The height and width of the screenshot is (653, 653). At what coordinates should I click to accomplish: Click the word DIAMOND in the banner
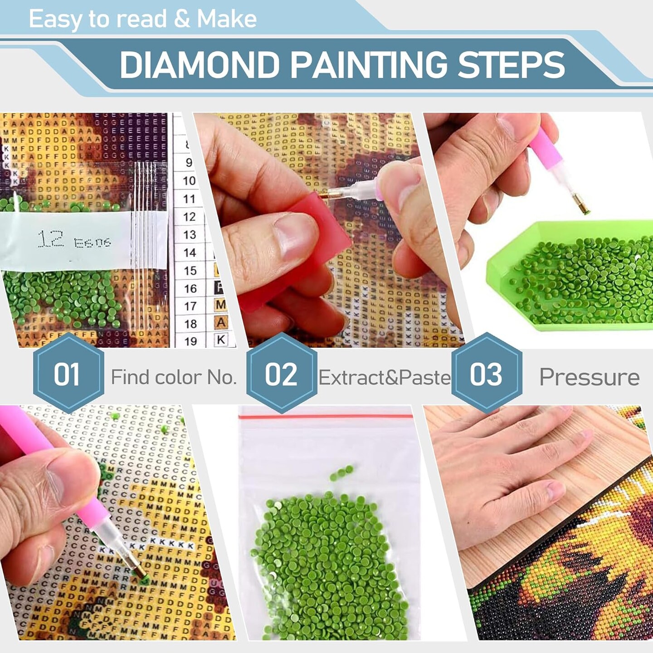200,65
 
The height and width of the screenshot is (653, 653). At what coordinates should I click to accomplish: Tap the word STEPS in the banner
511,65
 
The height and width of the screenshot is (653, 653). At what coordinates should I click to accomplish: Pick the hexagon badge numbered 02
281,373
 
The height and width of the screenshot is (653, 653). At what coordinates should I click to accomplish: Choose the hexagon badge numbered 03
486,373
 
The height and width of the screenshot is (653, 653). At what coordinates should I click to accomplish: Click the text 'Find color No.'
174,377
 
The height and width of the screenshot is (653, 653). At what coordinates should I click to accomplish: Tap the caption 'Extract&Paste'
385,377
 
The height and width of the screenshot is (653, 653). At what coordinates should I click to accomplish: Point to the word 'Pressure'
589,377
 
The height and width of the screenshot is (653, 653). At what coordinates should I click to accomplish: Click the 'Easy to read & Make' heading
143,19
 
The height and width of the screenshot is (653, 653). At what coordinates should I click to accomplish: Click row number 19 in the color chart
190,341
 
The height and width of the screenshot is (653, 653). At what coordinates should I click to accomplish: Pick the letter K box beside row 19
221,339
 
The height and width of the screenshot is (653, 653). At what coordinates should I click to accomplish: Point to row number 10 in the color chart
189,181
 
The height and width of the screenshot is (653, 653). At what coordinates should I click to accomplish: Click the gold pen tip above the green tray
581,206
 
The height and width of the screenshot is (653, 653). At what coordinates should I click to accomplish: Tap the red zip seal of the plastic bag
326,415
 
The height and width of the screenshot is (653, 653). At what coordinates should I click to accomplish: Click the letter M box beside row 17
221,305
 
